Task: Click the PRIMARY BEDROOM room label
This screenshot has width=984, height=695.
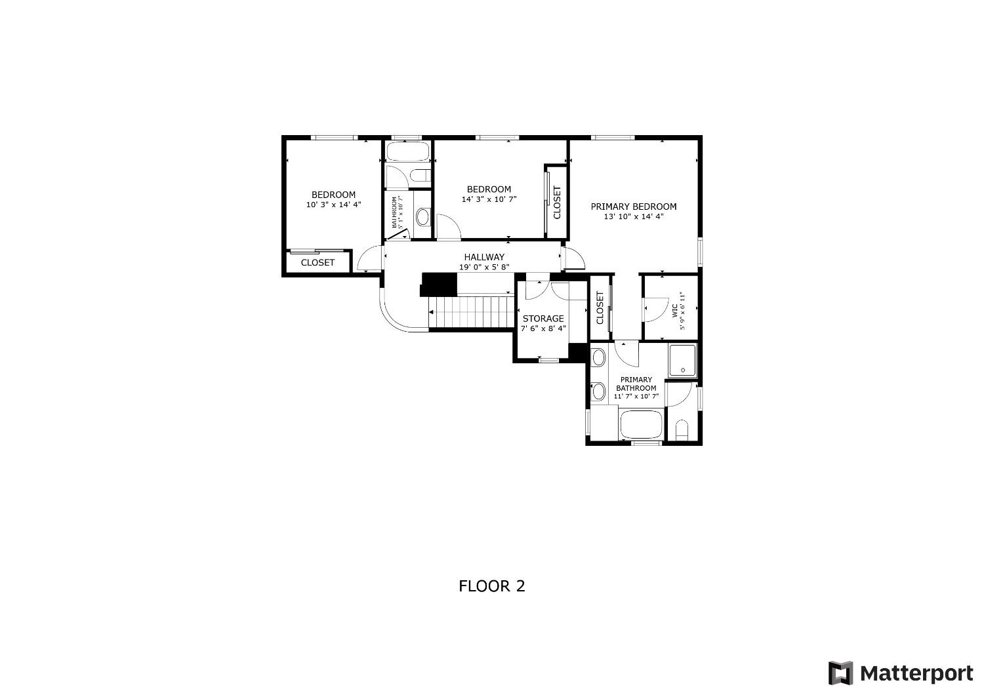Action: [633, 207]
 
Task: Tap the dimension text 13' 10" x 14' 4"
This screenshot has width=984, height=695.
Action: [633, 216]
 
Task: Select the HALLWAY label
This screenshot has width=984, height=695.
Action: [484, 257]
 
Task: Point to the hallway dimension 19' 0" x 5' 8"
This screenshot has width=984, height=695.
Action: [484, 267]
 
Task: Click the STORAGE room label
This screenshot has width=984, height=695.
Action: [543, 319]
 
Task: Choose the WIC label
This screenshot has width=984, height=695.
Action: [674, 310]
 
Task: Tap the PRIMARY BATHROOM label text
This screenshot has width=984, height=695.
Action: [636, 384]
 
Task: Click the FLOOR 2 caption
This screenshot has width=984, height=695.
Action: [491, 586]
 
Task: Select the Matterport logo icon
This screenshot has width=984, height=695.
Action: [840, 673]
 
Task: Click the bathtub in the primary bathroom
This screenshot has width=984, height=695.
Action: [641, 425]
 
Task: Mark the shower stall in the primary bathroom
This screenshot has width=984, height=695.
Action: [683, 360]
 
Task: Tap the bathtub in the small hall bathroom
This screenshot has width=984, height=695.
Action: [407, 152]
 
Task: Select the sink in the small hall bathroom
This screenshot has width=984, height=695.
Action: [422, 216]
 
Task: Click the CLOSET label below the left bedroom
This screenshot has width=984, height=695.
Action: [318, 262]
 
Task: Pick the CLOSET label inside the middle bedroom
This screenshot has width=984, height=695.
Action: [557, 203]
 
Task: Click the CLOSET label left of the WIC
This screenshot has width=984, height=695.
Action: [600, 308]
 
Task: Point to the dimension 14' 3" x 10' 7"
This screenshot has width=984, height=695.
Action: [489, 199]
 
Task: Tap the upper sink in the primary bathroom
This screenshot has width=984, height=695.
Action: [598, 358]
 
